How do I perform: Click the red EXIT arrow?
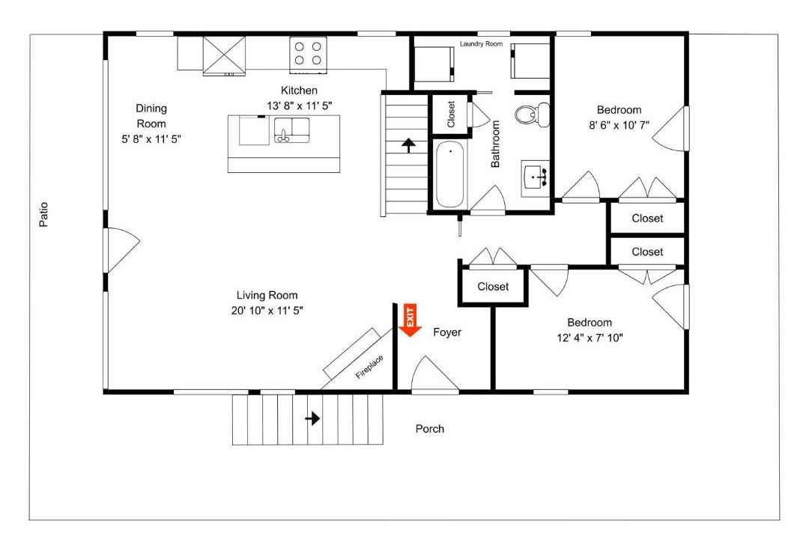[410, 320]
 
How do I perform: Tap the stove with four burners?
[308, 53]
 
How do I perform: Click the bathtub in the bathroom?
[450, 174]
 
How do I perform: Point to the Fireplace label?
[369, 367]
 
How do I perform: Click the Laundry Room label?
[482, 44]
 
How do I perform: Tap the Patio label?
[44, 214]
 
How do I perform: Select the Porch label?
[430, 429]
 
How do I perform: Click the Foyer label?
[447, 332]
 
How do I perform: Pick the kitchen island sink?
[292, 130]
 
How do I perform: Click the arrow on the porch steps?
[312, 418]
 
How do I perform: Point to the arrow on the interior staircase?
[409, 145]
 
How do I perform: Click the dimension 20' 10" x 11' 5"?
[267, 311]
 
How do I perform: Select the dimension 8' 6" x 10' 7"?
[619, 125]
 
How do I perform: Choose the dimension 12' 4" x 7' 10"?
[590, 338]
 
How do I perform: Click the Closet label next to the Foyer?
[493, 286]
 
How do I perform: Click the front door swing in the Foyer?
[435, 374]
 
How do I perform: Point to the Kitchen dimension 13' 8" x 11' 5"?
[299, 106]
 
